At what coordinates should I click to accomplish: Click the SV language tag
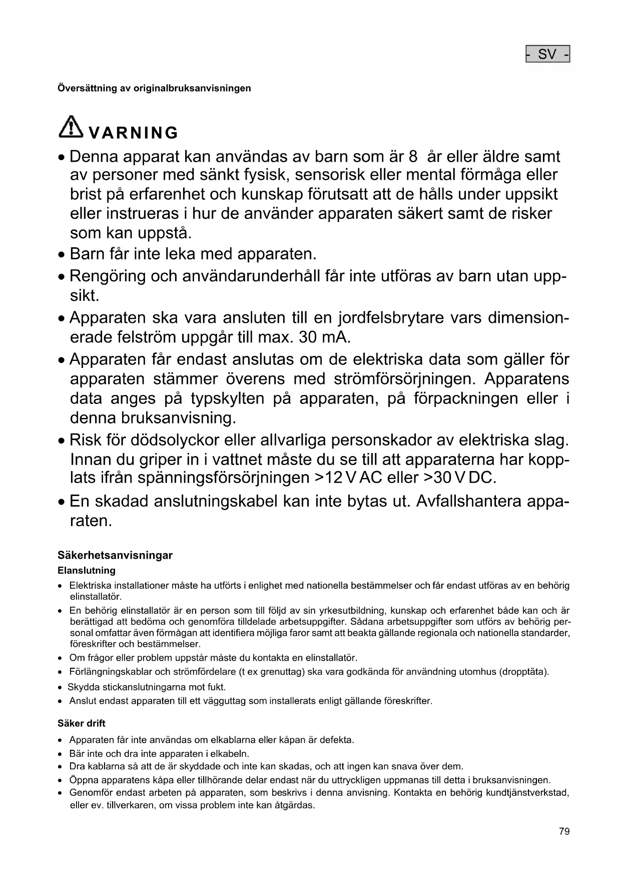click(x=547, y=54)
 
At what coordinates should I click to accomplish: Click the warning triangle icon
click(x=71, y=126)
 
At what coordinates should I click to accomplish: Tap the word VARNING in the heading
click(x=133, y=133)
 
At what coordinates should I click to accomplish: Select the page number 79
click(x=564, y=831)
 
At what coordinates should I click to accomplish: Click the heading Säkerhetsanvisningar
click(x=115, y=555)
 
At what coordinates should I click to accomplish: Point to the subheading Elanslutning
click(x=87, y=571)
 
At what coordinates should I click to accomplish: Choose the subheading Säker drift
click(x=82, y=723)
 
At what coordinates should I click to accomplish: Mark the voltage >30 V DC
click(x=459, y=478)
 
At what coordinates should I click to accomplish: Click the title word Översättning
click(x=87, y=89)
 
